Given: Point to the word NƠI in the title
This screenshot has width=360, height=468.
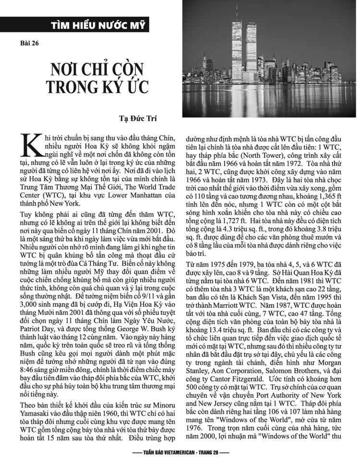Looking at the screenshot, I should coord(70,69).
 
